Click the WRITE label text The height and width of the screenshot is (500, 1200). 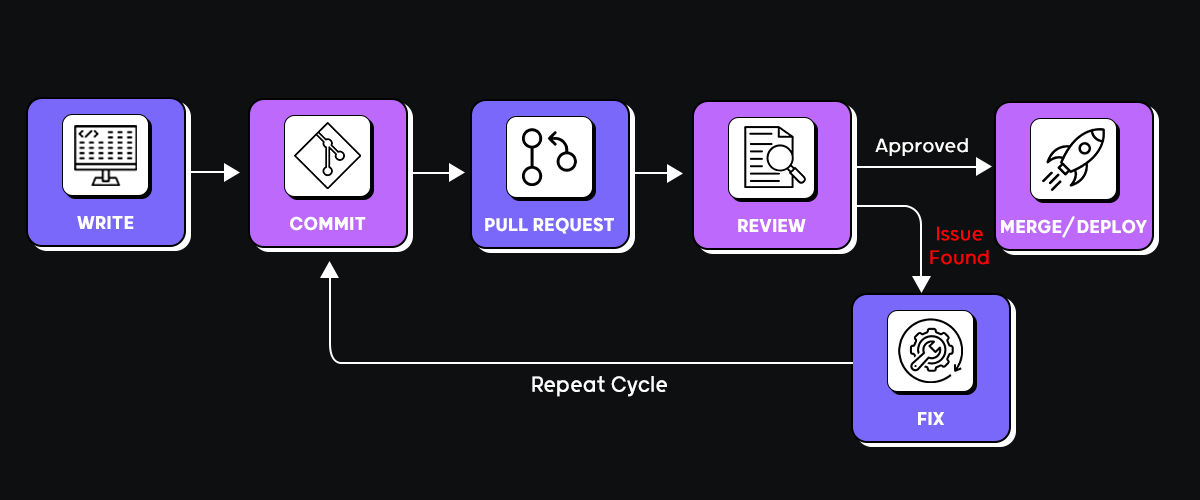click(x=106, y=222)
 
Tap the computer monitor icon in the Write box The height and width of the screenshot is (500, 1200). click(x=106, y=155)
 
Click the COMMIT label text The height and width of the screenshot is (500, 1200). click(x=328, y=224)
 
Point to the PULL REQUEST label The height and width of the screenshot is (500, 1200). click(x=549, y=224)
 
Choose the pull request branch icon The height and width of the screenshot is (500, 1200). click(x=550, y=156)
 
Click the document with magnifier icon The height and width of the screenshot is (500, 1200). click(x=771, y=156)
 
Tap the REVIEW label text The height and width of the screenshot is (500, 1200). click(x=771, y=225)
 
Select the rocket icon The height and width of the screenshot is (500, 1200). click(x=1074, y=159)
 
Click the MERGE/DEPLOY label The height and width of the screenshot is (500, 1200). click(x=1074, y=227)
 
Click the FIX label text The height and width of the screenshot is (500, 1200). click(x=930, y=418)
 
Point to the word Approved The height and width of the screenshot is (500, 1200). click(x=922, y=146)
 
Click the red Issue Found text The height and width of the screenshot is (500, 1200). click(x=959, y=246)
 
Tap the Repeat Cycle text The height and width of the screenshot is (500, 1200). click(x=599, y=384)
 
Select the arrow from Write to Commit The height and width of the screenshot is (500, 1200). click(x=215, y=173)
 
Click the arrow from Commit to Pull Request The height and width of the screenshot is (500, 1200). click(x=438, y=173)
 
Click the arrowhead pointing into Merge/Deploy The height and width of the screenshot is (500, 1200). click(x=984, y=167)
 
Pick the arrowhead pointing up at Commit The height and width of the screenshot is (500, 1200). click(x=330, y=269)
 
